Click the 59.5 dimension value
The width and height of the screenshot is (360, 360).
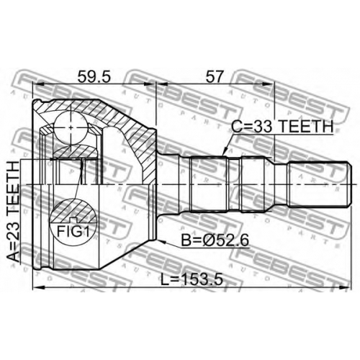pos(94,77)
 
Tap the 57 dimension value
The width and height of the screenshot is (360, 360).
pos(215,77)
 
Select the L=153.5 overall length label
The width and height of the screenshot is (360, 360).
pos(192,279)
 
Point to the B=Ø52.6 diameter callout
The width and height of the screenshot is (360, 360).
pos(215,240)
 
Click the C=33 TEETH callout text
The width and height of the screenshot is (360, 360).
pos(282,127)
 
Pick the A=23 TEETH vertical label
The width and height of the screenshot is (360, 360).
pos(13,212)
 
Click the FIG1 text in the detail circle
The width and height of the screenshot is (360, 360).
pos(73,232)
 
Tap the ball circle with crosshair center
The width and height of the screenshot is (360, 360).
pos(71,127)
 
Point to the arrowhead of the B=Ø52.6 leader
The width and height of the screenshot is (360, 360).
pos(161,241)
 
